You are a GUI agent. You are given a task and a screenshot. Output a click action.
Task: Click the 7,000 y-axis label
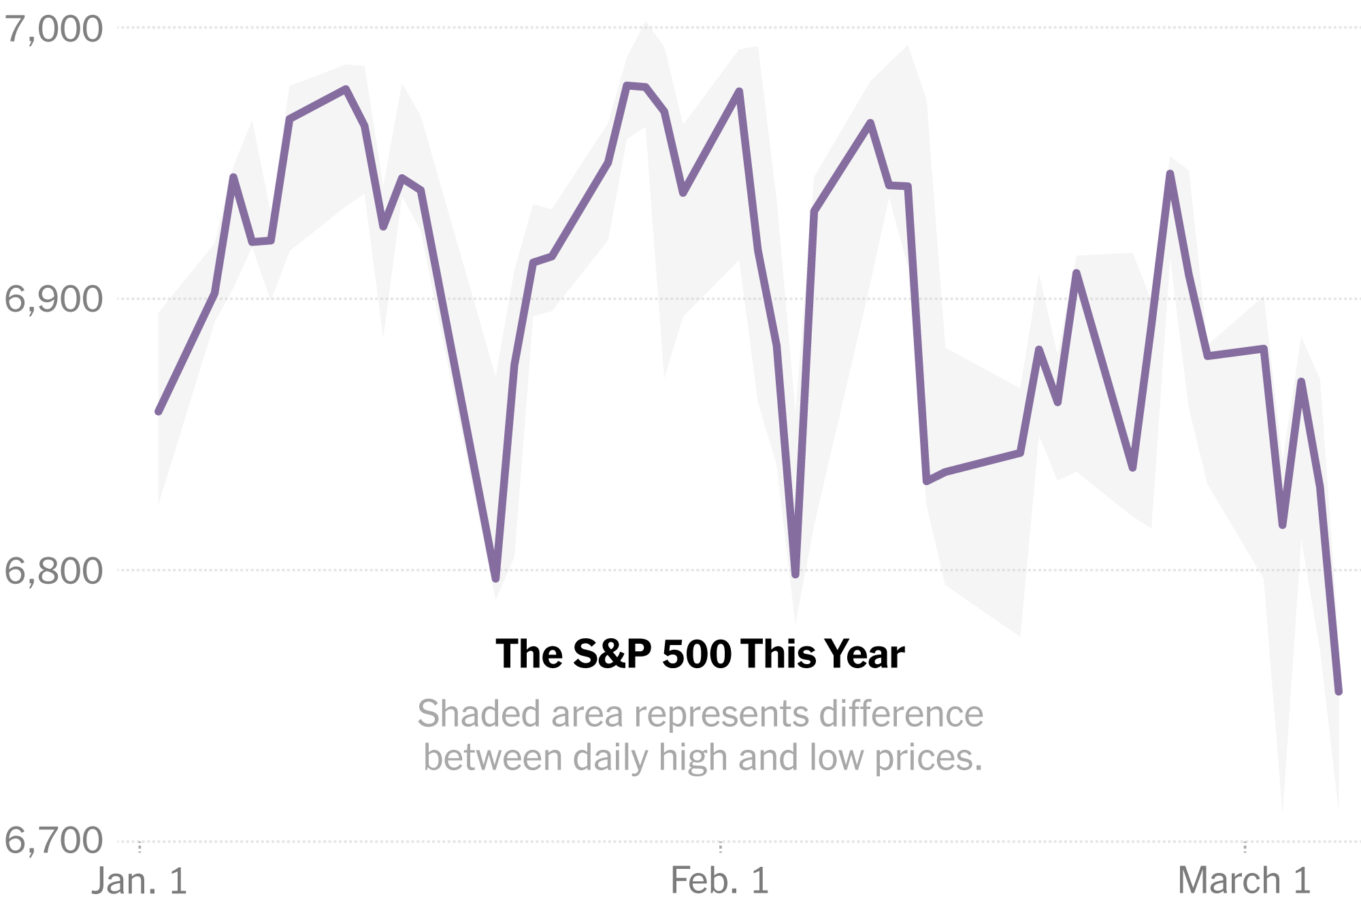tap(54, 29)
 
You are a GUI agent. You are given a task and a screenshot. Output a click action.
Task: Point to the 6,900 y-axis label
tap(54, 299)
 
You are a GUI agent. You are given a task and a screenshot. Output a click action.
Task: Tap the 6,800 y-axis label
tap(54, 570)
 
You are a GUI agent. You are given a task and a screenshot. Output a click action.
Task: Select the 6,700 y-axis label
tap(54, 840)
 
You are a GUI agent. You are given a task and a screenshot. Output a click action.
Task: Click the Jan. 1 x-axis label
tap(140, 880)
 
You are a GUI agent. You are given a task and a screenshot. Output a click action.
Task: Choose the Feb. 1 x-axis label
tap(720, 880)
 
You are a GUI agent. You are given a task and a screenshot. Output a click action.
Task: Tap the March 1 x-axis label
tap(1244, 880)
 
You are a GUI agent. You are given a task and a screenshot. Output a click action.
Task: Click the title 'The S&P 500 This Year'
tap(700, 655)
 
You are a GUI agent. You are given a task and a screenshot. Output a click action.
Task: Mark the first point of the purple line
tap(159, 412)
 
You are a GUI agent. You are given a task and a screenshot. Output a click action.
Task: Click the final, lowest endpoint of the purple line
tap(1339, 692)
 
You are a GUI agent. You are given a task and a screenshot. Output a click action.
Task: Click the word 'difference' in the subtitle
tap(901, 714)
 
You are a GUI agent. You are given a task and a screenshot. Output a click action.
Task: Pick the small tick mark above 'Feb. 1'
tap(720, 847)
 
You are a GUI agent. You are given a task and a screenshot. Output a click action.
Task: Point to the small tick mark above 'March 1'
tap(1245, 847)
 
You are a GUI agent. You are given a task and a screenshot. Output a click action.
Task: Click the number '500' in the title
tap(697, 655)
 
